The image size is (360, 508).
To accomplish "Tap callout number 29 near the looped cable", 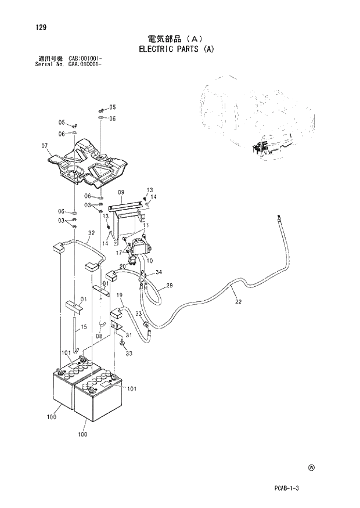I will [x=170, y=285].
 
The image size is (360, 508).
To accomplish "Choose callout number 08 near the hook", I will [x=99, y=335].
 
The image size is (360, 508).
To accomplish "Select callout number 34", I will [x=159, y=272].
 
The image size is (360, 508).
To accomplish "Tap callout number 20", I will [x=123, y=266].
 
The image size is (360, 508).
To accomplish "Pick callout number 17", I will [x=118, y=253].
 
